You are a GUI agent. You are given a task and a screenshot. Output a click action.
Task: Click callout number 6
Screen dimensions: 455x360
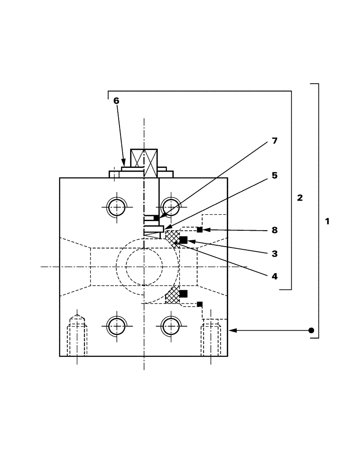coord(116,101)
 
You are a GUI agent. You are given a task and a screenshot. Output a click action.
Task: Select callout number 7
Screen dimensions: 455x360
coord(274,141)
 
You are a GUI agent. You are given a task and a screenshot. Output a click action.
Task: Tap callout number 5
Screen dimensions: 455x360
coord(274,176)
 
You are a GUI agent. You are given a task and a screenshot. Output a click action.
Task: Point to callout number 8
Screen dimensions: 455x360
coord(274,230)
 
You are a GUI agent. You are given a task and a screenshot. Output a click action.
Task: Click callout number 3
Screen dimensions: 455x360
coord(274,254)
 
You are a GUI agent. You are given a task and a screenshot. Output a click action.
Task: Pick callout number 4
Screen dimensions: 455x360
coord(274,276)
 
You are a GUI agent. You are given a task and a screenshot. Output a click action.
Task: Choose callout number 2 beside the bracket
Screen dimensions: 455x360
coord(300,198)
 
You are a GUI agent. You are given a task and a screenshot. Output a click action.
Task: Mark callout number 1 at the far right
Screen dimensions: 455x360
coord(327,222)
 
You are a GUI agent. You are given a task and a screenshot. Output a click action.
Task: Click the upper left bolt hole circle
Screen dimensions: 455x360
coord(117,207)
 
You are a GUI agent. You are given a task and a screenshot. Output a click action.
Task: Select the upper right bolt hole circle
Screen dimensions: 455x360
coord(171,207)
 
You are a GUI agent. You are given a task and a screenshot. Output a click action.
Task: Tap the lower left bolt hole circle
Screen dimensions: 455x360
coord(117,326)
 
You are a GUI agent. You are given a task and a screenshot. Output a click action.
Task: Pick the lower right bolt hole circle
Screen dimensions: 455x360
coord(171,326)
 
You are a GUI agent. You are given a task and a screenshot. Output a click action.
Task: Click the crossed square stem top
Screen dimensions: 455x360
coord(144,157)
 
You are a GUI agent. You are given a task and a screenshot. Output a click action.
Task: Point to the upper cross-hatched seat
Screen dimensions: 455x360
coord(172,238)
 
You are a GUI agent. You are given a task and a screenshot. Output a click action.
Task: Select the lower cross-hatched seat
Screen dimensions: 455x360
coord(172,296)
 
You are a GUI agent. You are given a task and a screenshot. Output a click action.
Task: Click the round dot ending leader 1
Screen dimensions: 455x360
coord(311,330)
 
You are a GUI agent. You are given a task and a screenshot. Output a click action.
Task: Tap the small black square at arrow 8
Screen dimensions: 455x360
coord(200,230)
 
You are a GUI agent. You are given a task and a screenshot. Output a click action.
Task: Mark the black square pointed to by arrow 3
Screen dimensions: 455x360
coord(184,240)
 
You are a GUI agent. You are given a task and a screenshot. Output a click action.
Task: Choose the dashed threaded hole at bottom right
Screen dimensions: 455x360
coord(211,338)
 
